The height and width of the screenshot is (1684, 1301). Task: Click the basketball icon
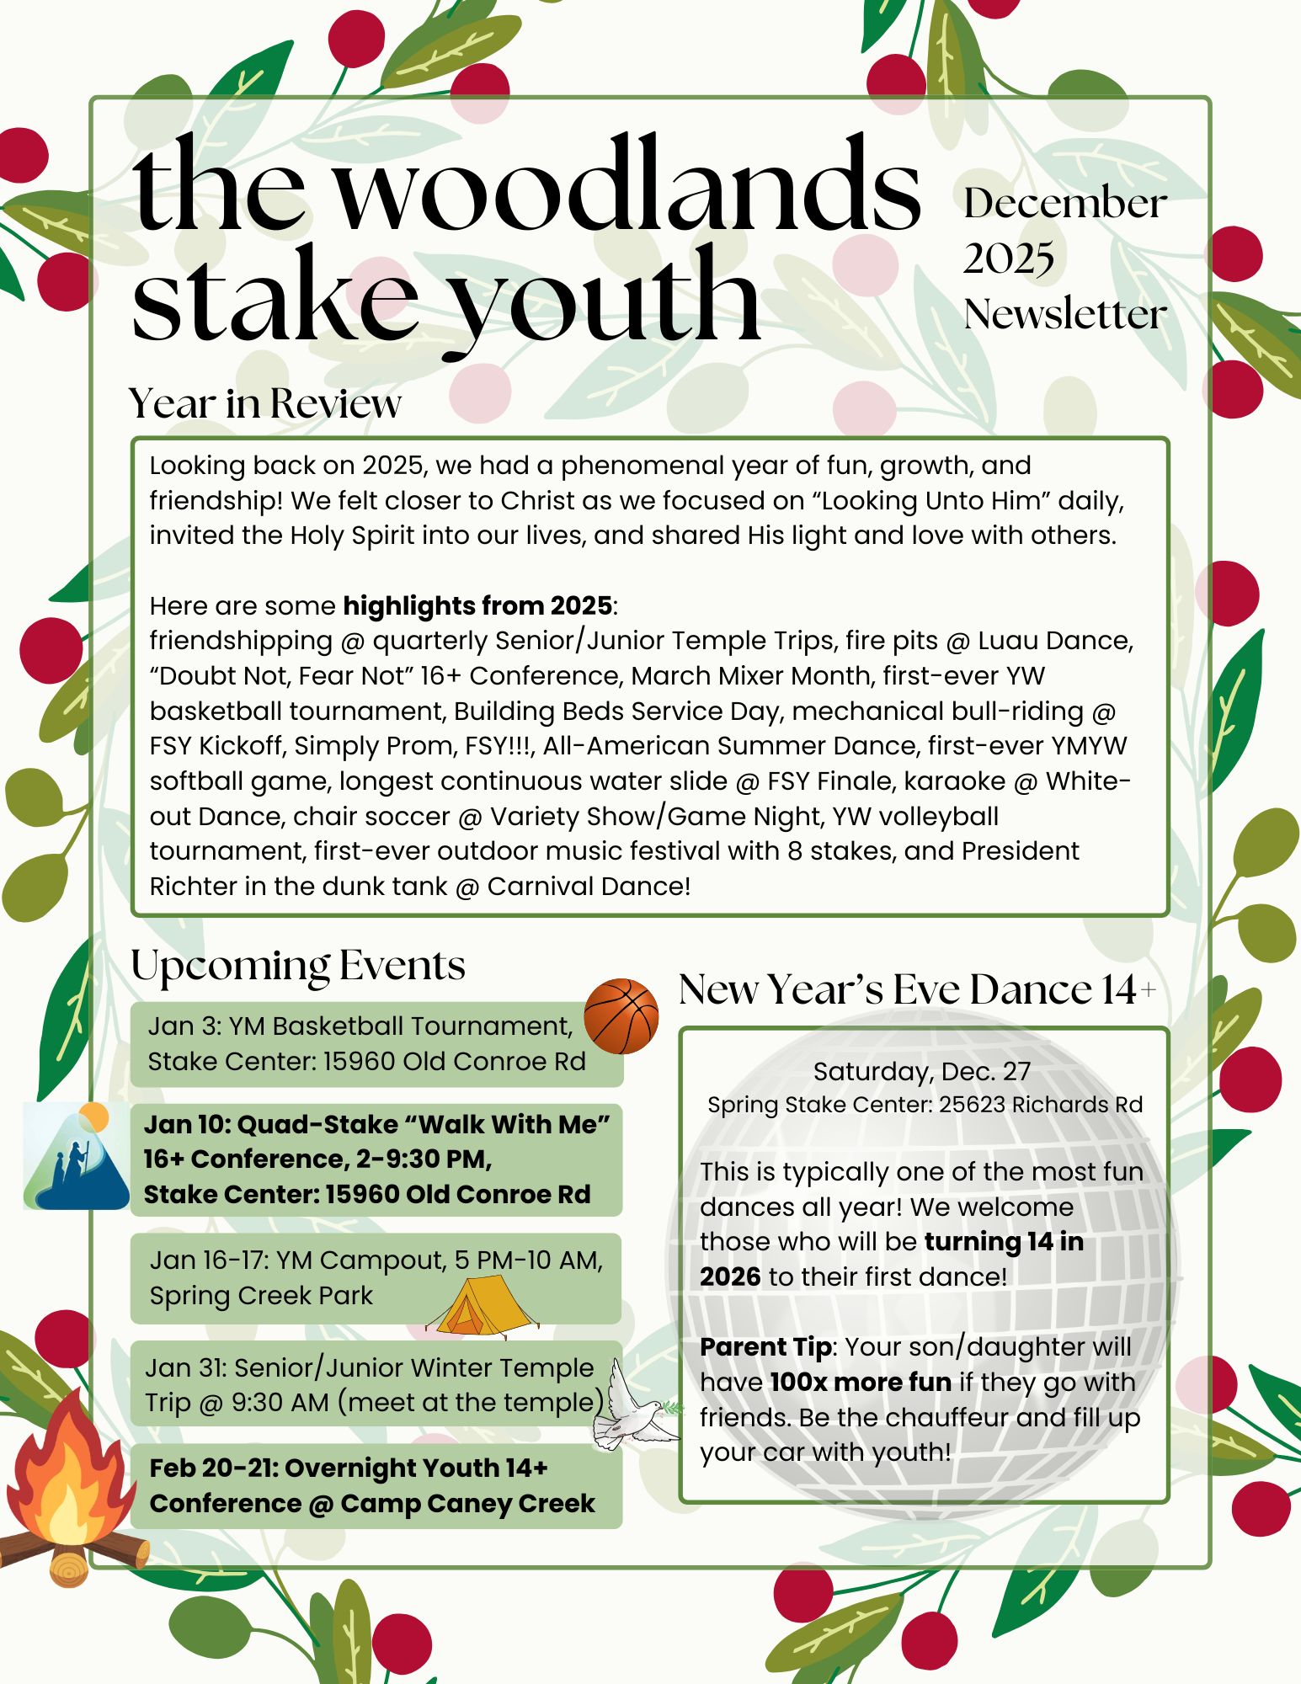pos(621,1015)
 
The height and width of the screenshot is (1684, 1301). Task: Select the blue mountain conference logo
pos(76,1156)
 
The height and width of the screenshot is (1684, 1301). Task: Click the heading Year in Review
pos(265,403)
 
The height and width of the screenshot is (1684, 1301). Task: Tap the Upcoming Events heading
pos(298,965)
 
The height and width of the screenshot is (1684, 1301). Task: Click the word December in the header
pos(1065,204)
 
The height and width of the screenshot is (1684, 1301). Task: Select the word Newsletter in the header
pos(1065,316)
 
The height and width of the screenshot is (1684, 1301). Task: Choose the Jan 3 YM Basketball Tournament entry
pos(367,1044)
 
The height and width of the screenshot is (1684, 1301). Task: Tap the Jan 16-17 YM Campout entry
pos(376,1277)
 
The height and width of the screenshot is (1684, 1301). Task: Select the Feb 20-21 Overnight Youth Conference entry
pos(372,1485)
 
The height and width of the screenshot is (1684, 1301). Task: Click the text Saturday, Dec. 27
pos(922,1071)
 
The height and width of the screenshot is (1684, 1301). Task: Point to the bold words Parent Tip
pos(765,1347)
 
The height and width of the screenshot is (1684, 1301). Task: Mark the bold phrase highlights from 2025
pos(477,605)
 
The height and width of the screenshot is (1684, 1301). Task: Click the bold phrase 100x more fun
pos(861,1383)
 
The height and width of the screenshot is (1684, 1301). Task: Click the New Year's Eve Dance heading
pos(916,989)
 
